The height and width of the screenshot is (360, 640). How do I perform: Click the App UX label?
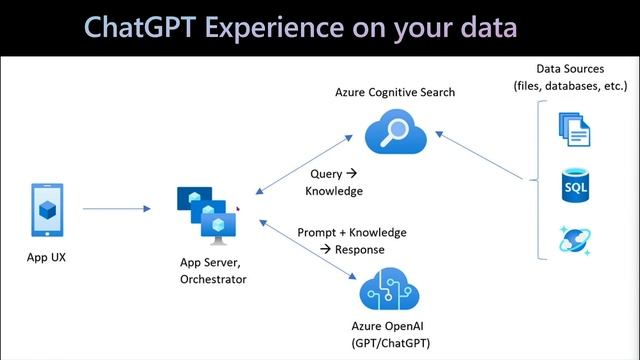tap(46, 257)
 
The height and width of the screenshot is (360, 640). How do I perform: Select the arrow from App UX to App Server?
tap(116, 209)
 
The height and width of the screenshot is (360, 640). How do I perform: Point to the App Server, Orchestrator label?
tap(212, 271)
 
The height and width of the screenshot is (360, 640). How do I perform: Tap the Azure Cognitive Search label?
tap(395, 93)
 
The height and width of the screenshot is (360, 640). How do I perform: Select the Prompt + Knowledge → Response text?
tap(352, 240)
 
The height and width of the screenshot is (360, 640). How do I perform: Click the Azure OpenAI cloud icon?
tap(395, 289)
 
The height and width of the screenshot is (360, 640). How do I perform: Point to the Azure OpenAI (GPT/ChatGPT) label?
tap(395, 334)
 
